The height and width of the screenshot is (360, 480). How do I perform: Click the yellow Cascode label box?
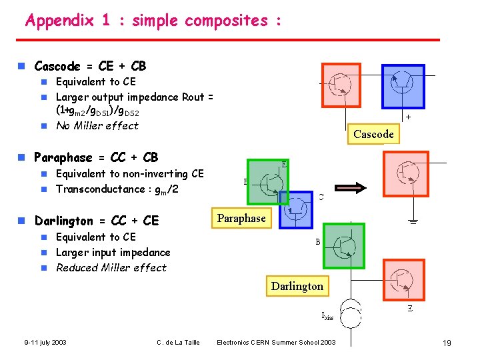373,134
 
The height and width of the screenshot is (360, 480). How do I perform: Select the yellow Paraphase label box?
241,218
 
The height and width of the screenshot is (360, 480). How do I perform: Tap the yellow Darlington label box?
297,286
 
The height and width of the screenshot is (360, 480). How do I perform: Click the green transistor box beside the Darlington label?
344,246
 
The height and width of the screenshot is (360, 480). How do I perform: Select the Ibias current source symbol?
350,313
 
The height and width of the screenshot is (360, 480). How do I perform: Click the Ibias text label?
327,317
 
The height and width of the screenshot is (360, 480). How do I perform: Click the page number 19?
447,343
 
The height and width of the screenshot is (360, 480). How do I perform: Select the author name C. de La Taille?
178,343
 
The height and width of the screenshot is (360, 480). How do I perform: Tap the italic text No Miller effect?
97,125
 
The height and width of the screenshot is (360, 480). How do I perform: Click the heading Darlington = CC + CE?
97,221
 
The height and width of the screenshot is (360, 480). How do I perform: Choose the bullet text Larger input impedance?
113,252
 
